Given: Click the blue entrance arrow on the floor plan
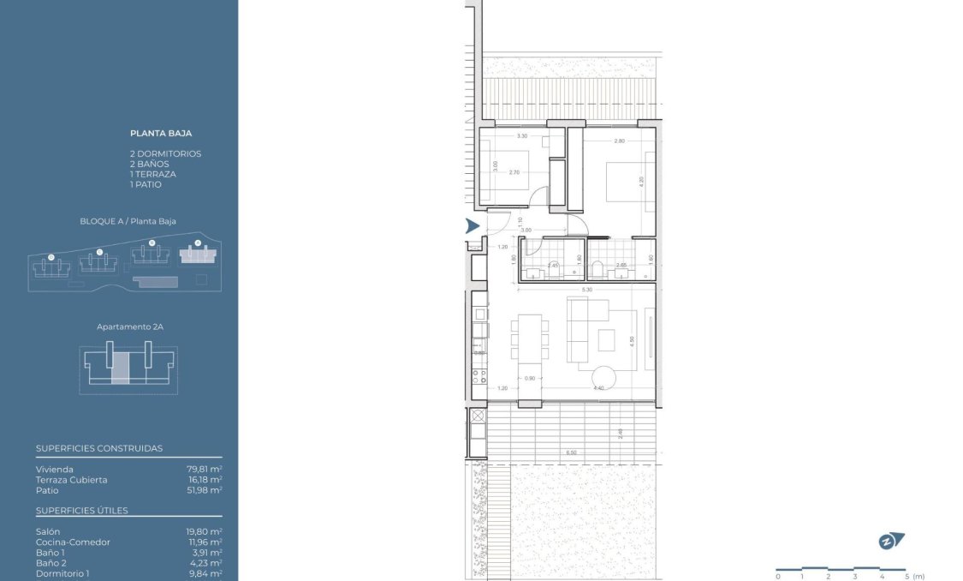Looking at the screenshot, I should pos(472,226).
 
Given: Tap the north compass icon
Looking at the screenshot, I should pos(892,541).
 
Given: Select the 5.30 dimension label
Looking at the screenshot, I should pos(586,290).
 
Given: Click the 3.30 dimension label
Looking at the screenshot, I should pos(521,137).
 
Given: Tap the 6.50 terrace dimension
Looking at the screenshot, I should pos(571,452).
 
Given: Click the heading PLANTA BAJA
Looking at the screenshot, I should pos(161,134).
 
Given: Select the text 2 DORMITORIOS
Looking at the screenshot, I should pos(165,153).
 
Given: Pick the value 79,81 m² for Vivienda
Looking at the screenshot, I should pos(205,469).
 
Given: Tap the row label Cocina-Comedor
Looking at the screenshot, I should pos(73,542).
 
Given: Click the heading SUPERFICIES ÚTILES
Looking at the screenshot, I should pos(82,511).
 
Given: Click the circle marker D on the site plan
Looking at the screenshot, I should pos(51,256).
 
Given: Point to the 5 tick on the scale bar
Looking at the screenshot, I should pos(906,577).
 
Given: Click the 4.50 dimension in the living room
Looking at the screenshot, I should pos(632,340).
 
